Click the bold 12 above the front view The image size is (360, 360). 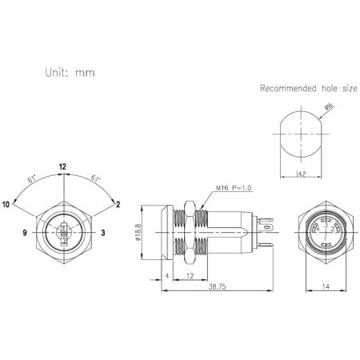click(62, 166)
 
